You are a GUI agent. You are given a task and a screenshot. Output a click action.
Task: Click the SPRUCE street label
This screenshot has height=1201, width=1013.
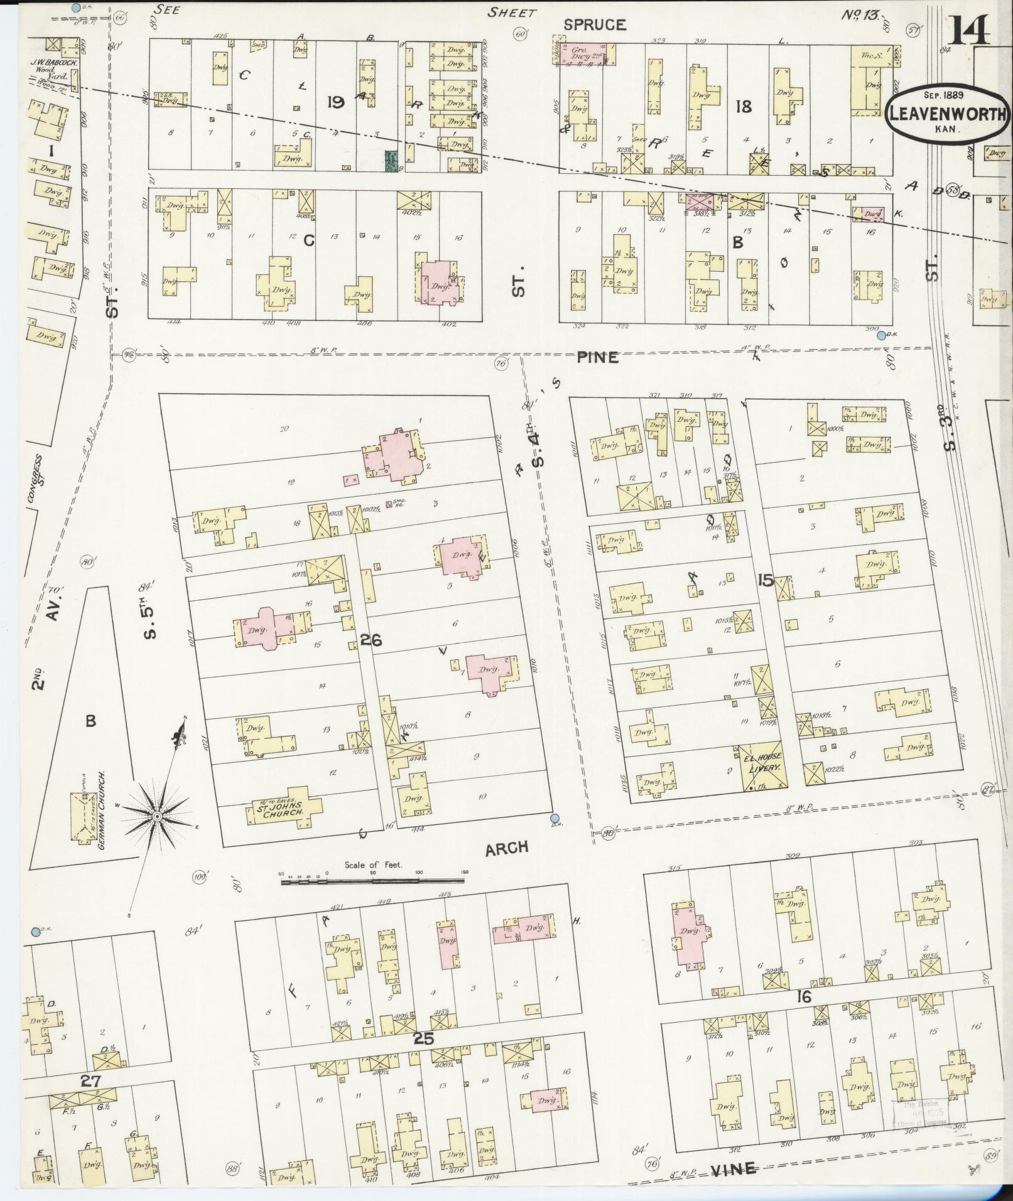[x=594, y=24]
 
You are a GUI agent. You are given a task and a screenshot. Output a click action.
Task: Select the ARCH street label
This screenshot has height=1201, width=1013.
[x=506, y=848]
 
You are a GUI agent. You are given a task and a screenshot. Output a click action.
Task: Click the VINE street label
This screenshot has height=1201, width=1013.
[x=734, y=1168]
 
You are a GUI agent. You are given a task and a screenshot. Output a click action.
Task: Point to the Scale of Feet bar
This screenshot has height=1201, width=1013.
[x=374, y=881]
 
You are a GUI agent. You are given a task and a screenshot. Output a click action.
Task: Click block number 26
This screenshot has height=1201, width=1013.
[x=371, y=640]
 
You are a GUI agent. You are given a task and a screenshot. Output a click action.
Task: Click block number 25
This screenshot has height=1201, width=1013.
[x=424, y=1038]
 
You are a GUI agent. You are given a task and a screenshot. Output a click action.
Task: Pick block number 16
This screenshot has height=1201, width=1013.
[x=803, y=996]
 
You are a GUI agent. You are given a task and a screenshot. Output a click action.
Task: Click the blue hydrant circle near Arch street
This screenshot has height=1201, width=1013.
[x=554, y=817]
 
